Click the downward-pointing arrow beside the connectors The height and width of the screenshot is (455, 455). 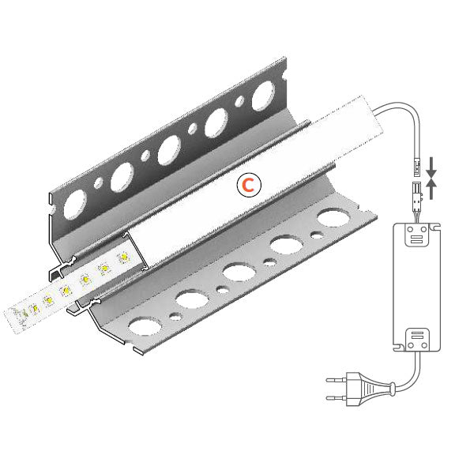(x=430, y=167)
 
